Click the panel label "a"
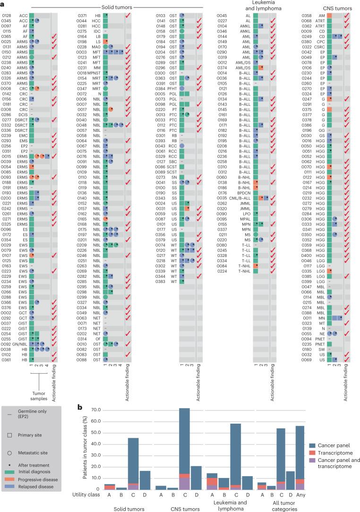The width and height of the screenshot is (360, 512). point(3,3)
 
